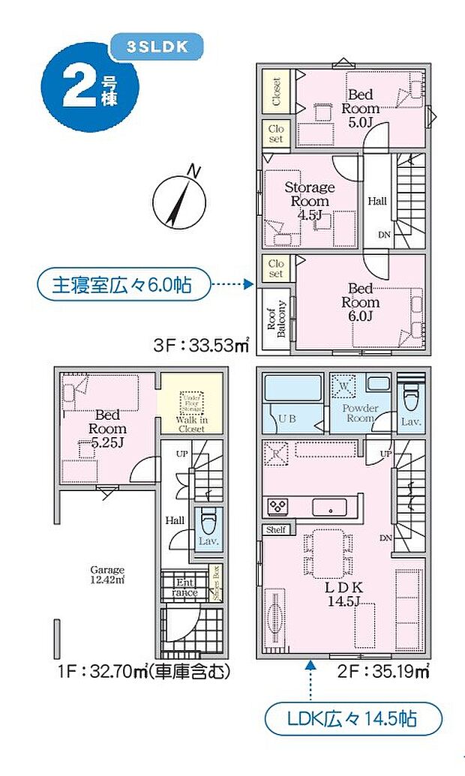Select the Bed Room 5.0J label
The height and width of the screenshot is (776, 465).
[361, 108]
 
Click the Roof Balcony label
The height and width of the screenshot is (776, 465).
[275, 319]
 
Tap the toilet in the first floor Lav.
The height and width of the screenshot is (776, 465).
[208, 519]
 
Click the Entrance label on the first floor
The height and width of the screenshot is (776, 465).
[184, 587]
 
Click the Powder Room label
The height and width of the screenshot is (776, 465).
[360, 413]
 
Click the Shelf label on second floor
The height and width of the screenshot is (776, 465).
[275, 530]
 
